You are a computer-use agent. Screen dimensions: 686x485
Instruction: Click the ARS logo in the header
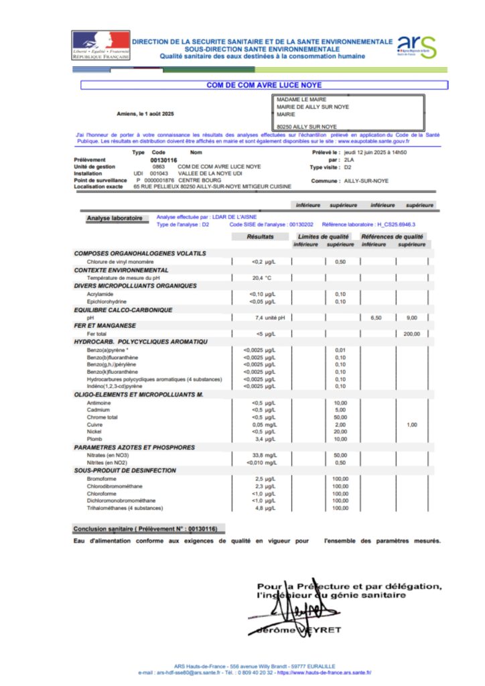[x=416, y=46]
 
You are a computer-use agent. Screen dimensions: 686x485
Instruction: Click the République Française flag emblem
[x=100, y=45]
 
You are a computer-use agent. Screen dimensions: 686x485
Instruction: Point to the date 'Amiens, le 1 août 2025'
[x=145, y=115]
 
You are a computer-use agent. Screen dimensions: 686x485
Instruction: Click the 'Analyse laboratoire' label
[x=114, y=218]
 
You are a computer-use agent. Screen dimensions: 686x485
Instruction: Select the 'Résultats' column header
[x=260, y=236]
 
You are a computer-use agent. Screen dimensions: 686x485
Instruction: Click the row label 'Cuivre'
[x=94, y=425]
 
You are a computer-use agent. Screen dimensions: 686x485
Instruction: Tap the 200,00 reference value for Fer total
[x=411, y=334]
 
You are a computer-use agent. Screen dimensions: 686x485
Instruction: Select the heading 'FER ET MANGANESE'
[x=105, y=326]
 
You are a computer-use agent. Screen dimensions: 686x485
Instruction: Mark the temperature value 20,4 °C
[x=261, y=278]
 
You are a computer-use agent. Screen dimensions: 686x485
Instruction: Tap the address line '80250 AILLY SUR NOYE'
[x=307, y=126]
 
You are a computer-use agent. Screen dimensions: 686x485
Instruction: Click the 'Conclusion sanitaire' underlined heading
[x=145, y=529]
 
